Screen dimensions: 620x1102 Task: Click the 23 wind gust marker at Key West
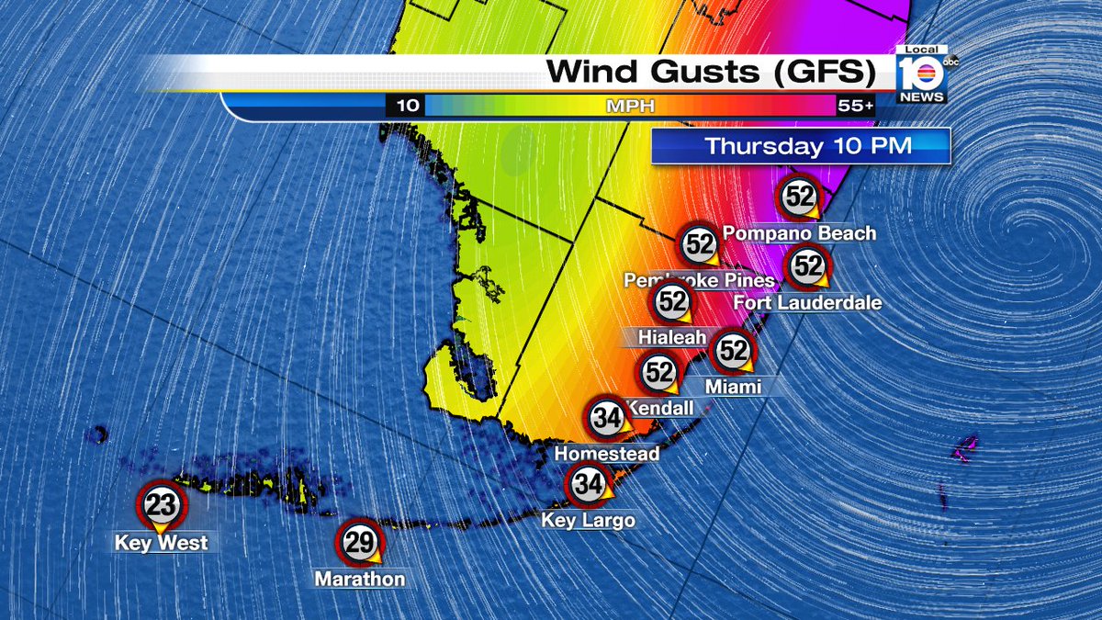[161, 504]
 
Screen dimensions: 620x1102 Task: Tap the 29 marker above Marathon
[360, 543]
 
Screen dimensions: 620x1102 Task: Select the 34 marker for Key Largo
[588, 485]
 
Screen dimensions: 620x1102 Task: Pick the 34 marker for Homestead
[607, 419]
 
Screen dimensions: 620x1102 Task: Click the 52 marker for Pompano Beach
[799, 196]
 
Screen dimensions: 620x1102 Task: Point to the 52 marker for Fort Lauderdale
[808, 266]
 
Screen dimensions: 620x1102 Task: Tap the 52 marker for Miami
[733, 350]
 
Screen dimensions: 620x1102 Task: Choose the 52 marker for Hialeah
[672, 301]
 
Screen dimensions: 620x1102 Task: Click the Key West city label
[161, 543]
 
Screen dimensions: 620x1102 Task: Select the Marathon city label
[359, 580]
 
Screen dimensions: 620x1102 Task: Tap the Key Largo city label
[588, 521]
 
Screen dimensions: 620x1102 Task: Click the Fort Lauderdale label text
[808, 302]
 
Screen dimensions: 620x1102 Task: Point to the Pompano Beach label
[799, 233]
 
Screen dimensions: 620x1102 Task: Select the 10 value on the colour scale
[407, 106]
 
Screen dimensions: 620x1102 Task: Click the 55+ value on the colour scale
[855, 106]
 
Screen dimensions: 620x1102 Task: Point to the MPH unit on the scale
[630, 106]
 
